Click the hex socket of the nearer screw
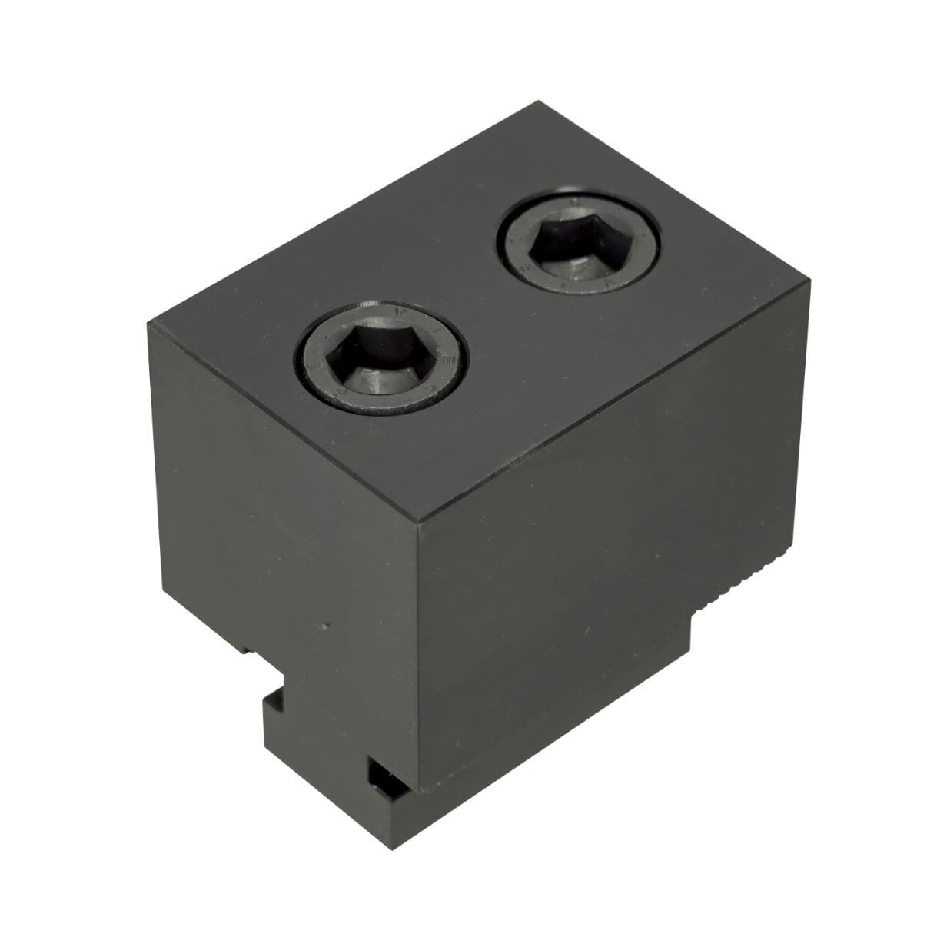pyautogui.click(x=380, y=361)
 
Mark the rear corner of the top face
pyautogui.click(x=537, y=102)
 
